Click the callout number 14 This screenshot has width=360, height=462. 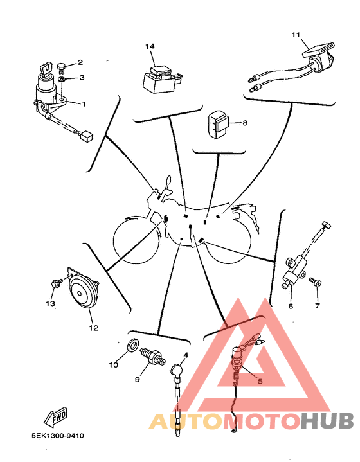(x=150, y=46)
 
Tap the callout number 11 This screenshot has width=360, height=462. (x=296, y=35)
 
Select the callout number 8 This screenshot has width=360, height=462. (x=245, y=123)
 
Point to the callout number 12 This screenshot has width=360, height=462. (x=94, y=328)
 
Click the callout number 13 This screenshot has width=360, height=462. (x=50, y=303)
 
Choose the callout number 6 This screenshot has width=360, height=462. (x=291, y=306)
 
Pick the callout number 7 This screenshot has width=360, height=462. (x=317, y=306)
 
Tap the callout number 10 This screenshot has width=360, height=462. (x=114, y=365)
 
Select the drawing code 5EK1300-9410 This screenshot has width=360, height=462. (x=58, y=436)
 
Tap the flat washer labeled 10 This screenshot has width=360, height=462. (x=132, y=344)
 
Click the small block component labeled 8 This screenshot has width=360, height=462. (x=218, y=125)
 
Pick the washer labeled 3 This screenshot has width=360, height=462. (x=62, y=79)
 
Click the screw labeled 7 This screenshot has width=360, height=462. (x=315, y=281)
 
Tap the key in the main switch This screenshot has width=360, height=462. (x=47, y=68)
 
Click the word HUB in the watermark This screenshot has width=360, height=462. (x=327, y=421)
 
